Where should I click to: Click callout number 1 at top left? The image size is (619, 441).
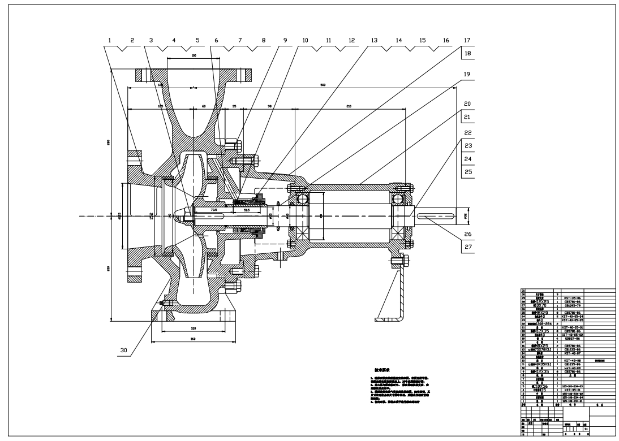(x=110, y=41)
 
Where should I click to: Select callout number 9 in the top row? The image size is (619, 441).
(x=285, y=41)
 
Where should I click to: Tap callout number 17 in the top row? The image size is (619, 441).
(x=467, y=41)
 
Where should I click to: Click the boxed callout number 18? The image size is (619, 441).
(x=467, y=53)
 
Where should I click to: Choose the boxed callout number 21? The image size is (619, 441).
(x=467, y=116)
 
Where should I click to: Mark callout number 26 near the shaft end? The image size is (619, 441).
(x=467, y=233)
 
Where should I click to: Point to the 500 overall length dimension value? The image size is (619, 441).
(x=323, y=85)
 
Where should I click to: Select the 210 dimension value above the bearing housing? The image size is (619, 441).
(x=350, y=106)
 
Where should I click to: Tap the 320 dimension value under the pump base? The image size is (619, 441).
(x=193, y=327)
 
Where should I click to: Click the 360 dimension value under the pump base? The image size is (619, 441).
(x=193, y=339)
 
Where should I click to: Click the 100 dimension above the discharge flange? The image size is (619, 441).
(x=194, y=55)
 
